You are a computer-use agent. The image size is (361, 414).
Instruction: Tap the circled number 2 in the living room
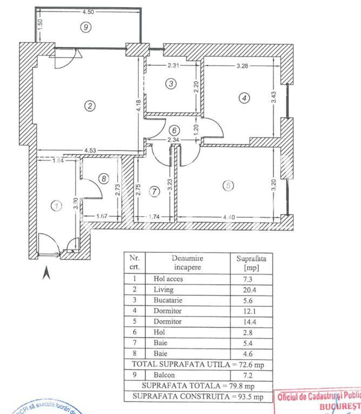(x=90, y=106)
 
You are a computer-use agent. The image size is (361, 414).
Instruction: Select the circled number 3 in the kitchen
(x=171, y=84)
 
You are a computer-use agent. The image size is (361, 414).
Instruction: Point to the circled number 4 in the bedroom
(x=245, y=98)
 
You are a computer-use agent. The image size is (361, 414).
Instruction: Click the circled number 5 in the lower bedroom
(x=229, y=185)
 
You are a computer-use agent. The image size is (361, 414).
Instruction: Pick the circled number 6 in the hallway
(x=173, y=130)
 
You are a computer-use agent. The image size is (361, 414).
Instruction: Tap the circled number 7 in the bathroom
(x=155, y=191)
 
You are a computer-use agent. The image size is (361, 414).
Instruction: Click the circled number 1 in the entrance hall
(x=55, y=205)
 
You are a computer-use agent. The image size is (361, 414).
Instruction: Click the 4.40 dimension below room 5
(x=230, y=217)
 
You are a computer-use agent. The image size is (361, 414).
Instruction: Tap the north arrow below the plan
(x=46, y=274)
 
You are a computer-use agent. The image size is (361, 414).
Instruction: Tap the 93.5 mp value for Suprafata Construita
(x=249, y=397)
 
